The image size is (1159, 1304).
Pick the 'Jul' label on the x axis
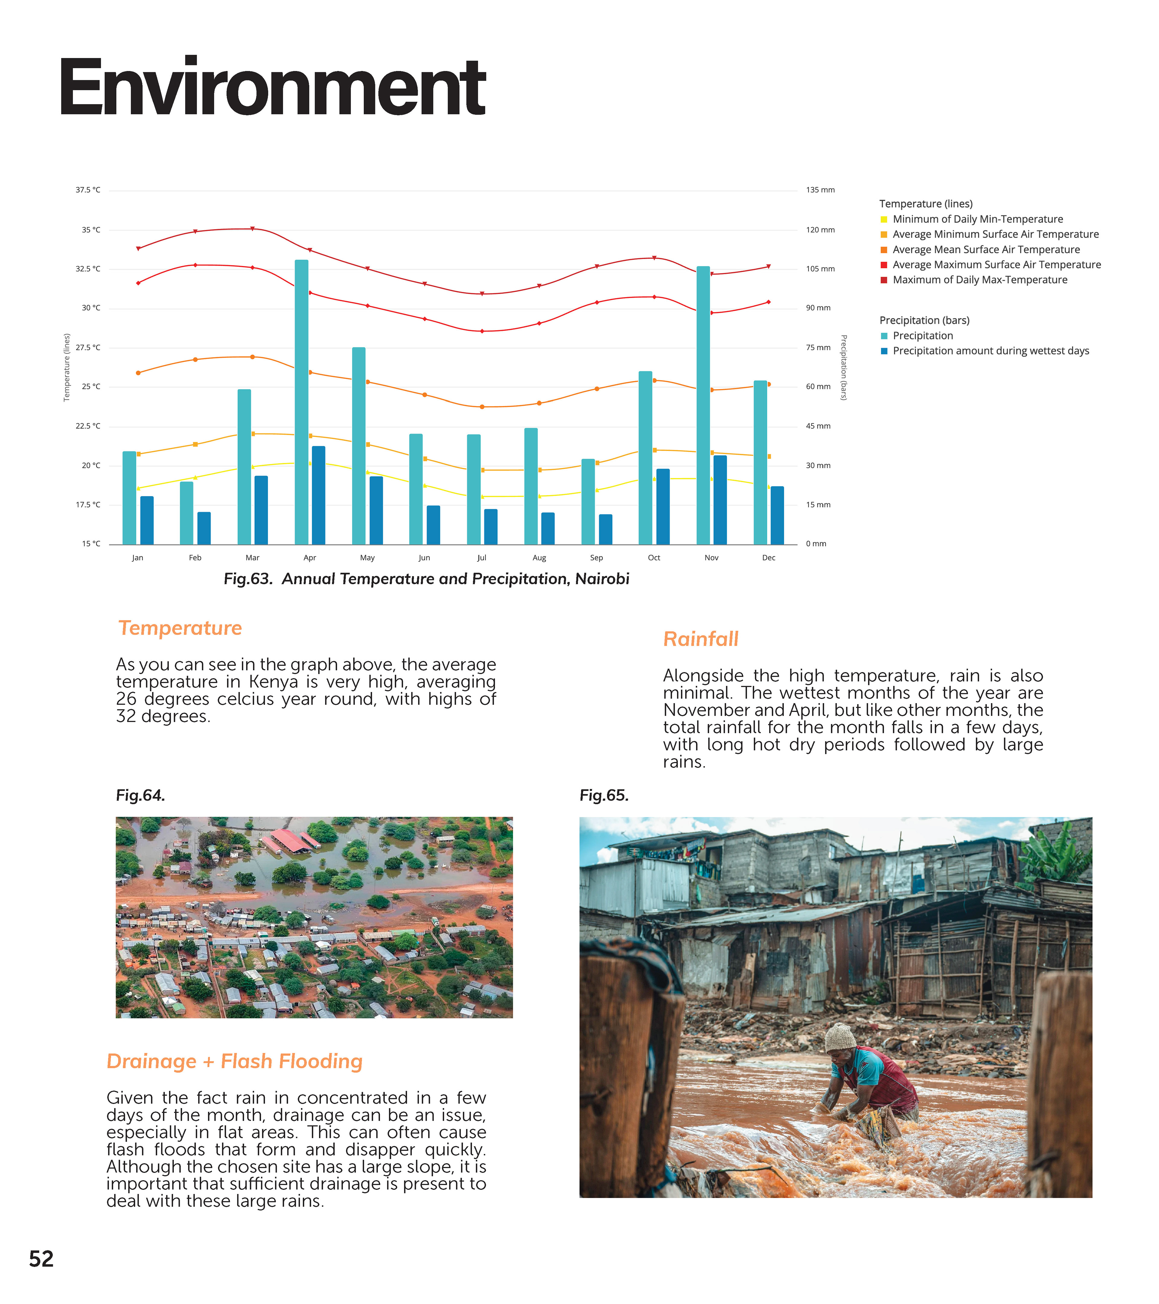click(482, 558)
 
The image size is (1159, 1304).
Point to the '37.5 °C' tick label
click(88, 190)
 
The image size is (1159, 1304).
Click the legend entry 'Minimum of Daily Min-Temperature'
click(977, 219)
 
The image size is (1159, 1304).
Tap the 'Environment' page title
click(273, 87)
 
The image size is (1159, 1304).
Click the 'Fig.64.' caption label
click(140, 796)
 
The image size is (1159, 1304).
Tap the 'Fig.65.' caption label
click(603, 796)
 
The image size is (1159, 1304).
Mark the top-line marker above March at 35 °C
click(253, 228)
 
